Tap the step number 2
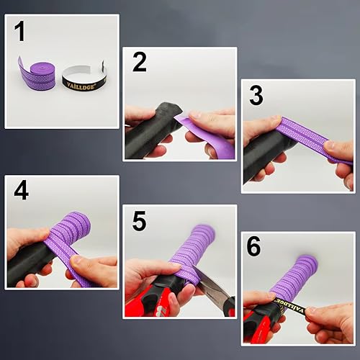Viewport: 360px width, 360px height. pyautogui.click(x=139, y=63)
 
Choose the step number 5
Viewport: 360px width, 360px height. pyautogui.click(x=139, y=222)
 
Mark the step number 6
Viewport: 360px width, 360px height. pyautogui.click(x=256, y=248)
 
